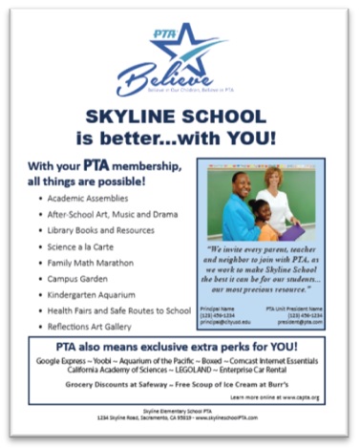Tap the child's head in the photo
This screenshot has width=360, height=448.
coord(260,211)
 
